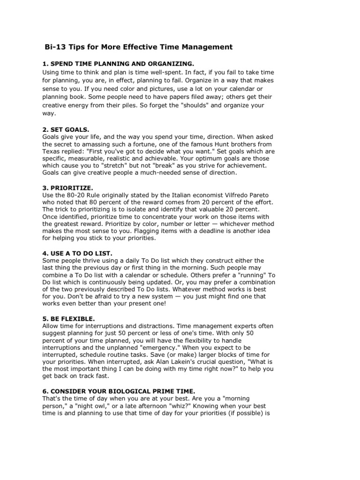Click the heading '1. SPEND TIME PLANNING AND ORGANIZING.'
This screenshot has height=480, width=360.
[112, 63]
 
